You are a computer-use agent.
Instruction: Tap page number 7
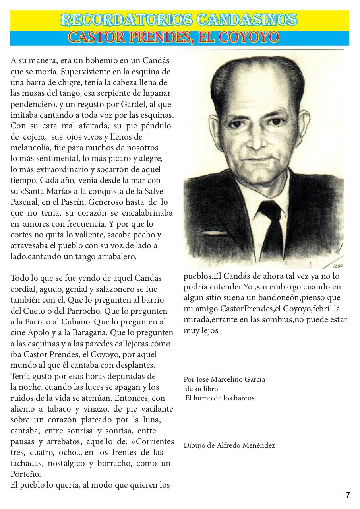(x=348, y=495)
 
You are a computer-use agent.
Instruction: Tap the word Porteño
(x=25, y=474)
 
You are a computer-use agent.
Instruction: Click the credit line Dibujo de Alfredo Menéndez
(x=229, y=445)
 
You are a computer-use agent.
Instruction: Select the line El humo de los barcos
(x=220, y=398)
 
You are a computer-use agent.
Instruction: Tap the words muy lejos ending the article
(x=201, y=330)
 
